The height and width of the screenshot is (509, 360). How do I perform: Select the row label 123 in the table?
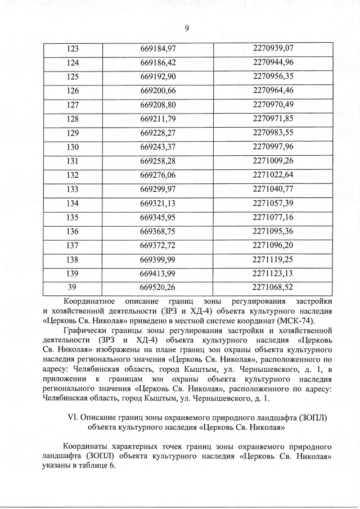pyautogui.click(x=73, y=48)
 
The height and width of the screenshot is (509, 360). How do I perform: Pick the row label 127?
pyautogui.click(x=73, y=105)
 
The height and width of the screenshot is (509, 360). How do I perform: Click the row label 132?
pyautogui.click(x=73, y=175)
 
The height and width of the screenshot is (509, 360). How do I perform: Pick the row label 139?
pyautogui.click(x=73, y=273)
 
